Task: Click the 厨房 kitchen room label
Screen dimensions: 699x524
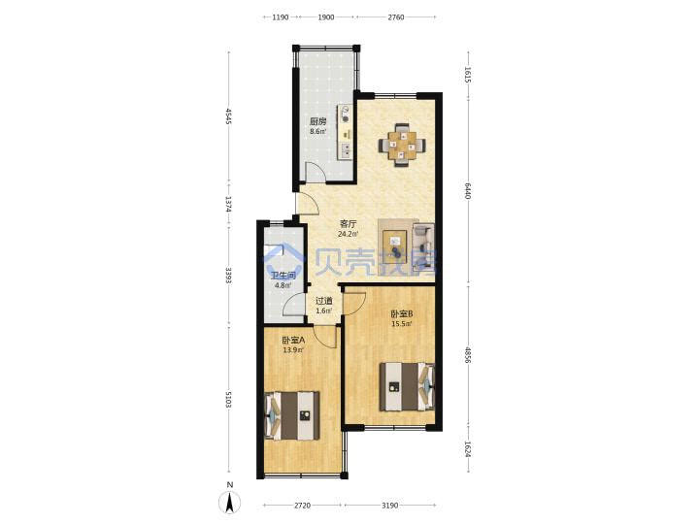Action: (x=317, y=121)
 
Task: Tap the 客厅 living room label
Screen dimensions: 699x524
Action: (x=348, y=223)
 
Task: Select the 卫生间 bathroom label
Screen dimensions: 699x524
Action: (x=283, y=276)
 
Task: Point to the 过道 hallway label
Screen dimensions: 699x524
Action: (x=324, y=301)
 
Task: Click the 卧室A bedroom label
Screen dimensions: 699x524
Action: (x=293, y=340)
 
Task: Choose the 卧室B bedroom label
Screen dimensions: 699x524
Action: (x=402, y=313)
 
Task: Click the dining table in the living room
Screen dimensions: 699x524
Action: (x=402, y=145)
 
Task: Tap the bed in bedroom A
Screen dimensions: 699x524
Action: (x=292, y=415)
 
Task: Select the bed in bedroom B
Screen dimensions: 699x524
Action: (x=407, y=387)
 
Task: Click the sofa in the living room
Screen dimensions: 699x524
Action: (x=423, y=247)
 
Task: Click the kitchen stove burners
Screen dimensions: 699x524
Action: (x=345, y=114)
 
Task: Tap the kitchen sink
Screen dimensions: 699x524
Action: (x=346, y=151)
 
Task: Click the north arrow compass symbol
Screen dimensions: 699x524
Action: (x=229, y=503)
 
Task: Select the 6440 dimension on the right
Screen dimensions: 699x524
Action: (x=468, y=191)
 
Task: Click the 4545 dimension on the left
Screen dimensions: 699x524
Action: (x=229, y=116)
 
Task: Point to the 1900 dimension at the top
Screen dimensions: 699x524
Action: (x=326, y=16)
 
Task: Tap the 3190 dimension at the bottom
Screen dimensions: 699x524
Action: (x=389, y=506)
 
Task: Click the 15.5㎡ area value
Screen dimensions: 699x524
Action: (x=402, y=324)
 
